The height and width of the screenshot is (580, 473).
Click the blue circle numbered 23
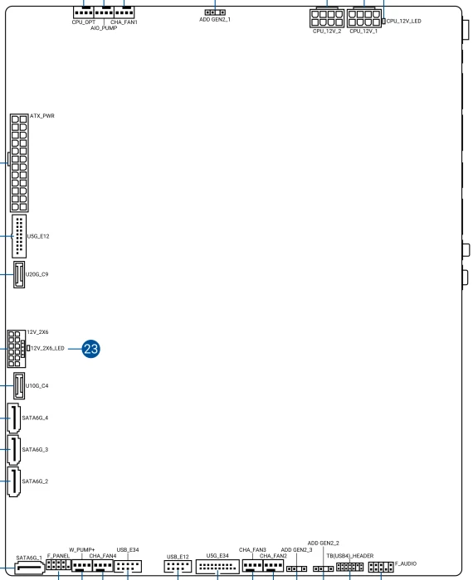[x=90, y=349]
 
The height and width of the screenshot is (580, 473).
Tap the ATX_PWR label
[x=42, y=116]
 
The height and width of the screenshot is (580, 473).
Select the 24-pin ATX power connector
[x=19, y=162]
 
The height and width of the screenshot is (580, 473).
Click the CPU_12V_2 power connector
[x=327, y=17]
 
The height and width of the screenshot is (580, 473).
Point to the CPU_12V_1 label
[x=363, y=31]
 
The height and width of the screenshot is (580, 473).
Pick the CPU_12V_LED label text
[x=404, y=21]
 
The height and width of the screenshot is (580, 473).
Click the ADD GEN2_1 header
[x=215, y=12]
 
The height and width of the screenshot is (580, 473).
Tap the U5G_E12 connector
[x=19, y=236]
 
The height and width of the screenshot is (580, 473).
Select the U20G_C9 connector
[x=19, y=274]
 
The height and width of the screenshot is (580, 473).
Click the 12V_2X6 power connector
[x=16, y=349]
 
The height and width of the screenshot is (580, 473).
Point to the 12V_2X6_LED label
[x=47, y=348]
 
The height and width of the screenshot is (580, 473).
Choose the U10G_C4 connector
[x=19, y=386]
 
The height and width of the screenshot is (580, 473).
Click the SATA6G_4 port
[x=14, y=418]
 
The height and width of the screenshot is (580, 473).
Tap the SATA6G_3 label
[x=35, y=449]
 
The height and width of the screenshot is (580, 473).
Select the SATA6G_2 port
[x=14, y=481]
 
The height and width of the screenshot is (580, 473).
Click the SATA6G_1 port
[x=30, y=568]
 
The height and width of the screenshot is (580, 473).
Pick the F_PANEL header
[x=58, y=565]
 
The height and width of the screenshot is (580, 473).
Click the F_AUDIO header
[x=381, y=567]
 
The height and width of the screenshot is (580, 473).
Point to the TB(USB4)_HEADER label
[x=350, y=556]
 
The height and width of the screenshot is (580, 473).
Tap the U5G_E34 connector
[x=217, y=566]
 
